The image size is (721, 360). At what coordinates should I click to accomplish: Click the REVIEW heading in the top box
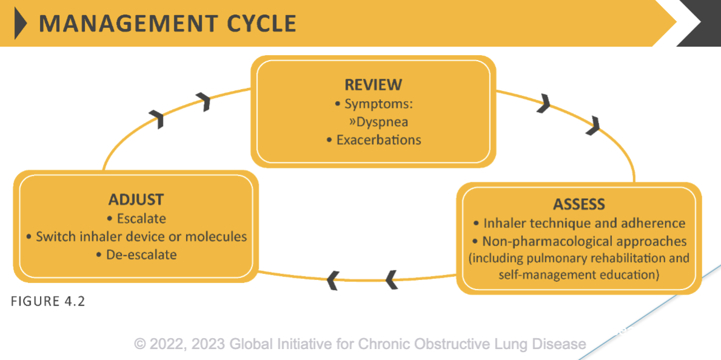click(373, 84)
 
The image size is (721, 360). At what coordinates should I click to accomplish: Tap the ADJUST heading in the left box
click(136, 199)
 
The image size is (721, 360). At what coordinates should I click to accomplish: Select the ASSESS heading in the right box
click(579, 204)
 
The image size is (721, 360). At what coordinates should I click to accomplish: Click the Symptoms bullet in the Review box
click(374, 104)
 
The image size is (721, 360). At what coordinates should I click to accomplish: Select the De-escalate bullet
click(136, 255)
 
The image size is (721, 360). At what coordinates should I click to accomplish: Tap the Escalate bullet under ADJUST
click(136, 218)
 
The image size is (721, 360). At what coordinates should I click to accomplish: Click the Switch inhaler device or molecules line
click(136, 236)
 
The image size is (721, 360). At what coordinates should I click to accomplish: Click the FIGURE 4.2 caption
click(48, 301)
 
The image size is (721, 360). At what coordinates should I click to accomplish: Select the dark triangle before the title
click(21, 24)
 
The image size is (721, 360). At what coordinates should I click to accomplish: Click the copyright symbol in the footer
click(141, 344)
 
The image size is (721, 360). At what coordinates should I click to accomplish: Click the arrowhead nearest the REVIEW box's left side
click(205, 102)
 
